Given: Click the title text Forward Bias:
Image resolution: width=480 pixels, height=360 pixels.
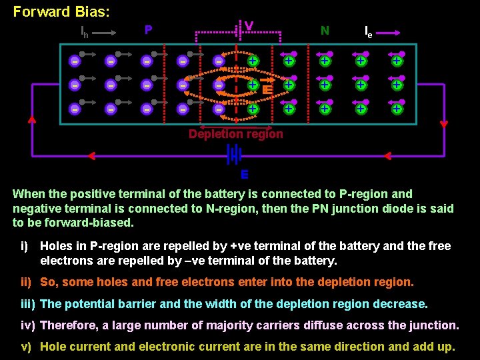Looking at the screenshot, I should click(x=61, y=12).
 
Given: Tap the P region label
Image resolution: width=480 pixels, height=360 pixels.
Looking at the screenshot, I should click(x=149, y=30).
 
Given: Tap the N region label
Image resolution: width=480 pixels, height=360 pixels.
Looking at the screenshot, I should click(x=325, y=30).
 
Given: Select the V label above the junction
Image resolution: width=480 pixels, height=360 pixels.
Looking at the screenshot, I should click(x=249, y=27).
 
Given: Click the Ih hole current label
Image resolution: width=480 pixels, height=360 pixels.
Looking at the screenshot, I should click(x=85, y=31).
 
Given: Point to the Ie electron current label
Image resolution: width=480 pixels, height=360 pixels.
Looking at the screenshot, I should click(x=368, y=31).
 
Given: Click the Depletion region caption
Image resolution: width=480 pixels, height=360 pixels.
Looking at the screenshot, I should click(x=235, y=134).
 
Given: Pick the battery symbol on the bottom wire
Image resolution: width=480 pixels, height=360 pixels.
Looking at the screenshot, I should click(x=234, y=155).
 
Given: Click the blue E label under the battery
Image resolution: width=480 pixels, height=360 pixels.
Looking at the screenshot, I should click(x=245, y=175).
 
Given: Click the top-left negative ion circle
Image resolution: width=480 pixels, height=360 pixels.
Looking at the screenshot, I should click(x=75, y=61).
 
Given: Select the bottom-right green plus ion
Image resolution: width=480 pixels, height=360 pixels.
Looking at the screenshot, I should click(x=397, y=109).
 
